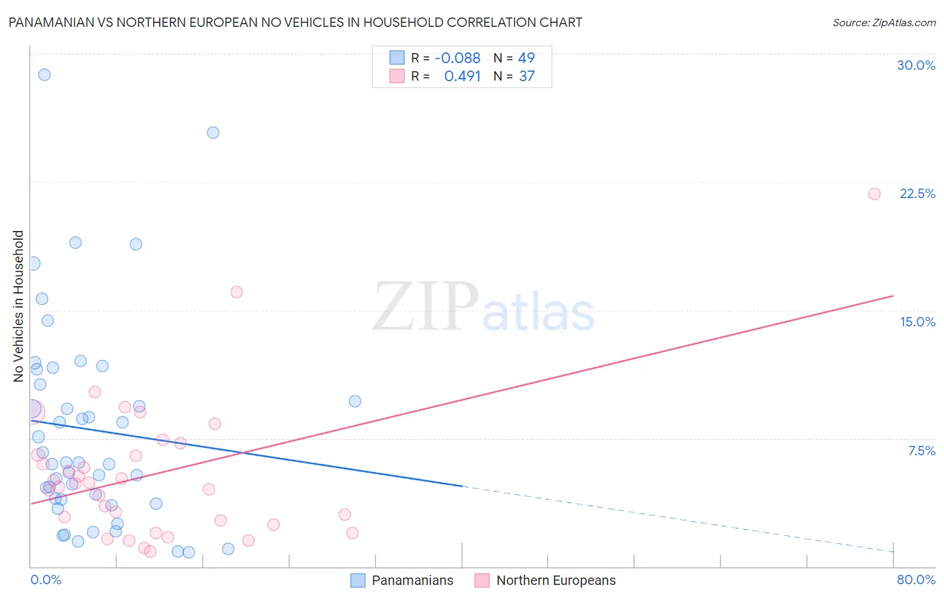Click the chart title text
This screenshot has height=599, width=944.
tap(295, 22)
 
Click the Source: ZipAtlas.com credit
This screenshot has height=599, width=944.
tap(884, 22)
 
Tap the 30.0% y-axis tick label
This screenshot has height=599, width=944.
tap(916, 65)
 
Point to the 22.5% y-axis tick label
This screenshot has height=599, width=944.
tap(917, 193)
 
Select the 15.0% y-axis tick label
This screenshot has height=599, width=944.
tap(917, 322)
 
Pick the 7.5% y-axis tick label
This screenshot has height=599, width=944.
tap(921, 451)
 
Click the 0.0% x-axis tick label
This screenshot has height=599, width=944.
tap(46, 580)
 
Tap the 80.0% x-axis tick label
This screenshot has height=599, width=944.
tap(916, 580)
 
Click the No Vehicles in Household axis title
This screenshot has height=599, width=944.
tap(19, 306)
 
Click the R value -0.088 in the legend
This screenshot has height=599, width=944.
tap(457, 58)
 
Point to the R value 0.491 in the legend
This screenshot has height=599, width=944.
tap(462, 76)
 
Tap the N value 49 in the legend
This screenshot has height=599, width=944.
tap(526, 58)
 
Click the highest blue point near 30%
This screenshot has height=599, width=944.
tap(44, 75)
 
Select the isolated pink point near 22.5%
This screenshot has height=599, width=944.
tap(874, 194)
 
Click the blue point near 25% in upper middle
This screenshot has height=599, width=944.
tap(213, 132)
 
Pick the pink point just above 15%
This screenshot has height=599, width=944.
tap(236, 292)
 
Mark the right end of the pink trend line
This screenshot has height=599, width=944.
tap(893, 295)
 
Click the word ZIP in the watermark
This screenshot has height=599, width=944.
tap(426, 307)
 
